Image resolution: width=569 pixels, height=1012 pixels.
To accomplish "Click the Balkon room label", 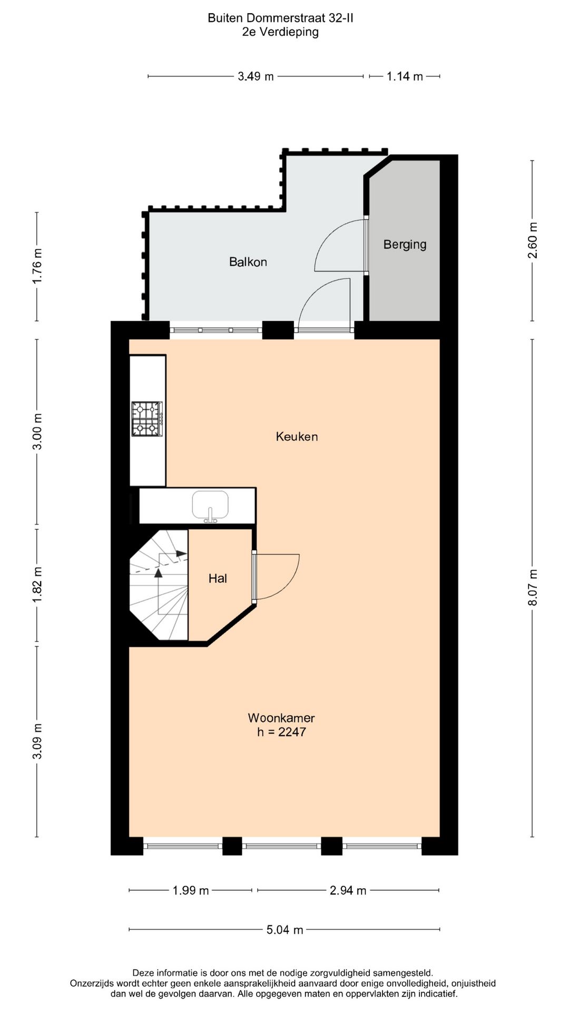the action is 248,262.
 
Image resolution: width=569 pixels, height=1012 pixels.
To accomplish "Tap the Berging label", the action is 405,245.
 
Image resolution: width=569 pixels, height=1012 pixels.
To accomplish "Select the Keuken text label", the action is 297,436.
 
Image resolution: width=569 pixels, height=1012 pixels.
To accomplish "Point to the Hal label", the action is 218,578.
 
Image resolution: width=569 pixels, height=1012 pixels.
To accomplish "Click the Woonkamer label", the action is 281,718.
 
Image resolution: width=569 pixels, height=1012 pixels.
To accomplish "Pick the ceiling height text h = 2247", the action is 281,732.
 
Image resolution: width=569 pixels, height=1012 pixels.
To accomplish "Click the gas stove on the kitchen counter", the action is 147,419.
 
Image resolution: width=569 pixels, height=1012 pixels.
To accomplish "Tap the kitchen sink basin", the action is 210,505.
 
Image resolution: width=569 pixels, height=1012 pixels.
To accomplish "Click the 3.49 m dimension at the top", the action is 256,76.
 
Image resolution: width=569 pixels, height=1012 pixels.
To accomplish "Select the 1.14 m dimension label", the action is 405,76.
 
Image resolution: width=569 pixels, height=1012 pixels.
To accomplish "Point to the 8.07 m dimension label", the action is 533,588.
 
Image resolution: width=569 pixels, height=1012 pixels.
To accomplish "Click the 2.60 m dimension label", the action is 533,240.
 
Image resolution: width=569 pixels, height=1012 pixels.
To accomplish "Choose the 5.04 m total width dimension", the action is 284,930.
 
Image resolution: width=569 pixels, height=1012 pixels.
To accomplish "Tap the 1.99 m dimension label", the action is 191,891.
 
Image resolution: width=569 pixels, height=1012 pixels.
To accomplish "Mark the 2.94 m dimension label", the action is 348,891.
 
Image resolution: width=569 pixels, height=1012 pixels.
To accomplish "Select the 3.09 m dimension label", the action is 37,742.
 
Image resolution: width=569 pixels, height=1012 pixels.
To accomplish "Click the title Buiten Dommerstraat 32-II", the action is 280,18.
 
